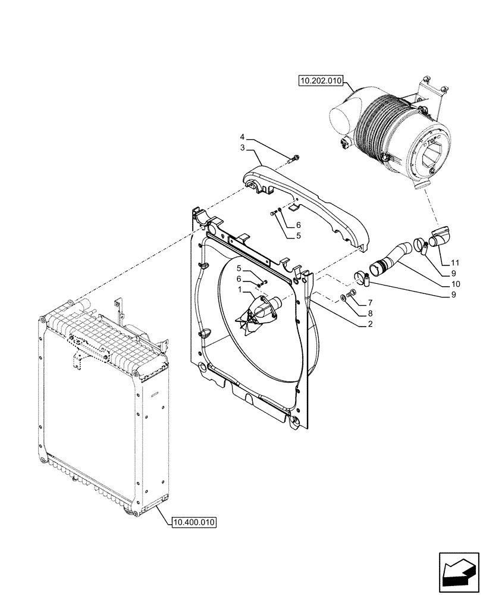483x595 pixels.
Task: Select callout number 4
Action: click(x=243, y=137)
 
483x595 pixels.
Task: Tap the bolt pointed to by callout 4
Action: click(x=295, y=158)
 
